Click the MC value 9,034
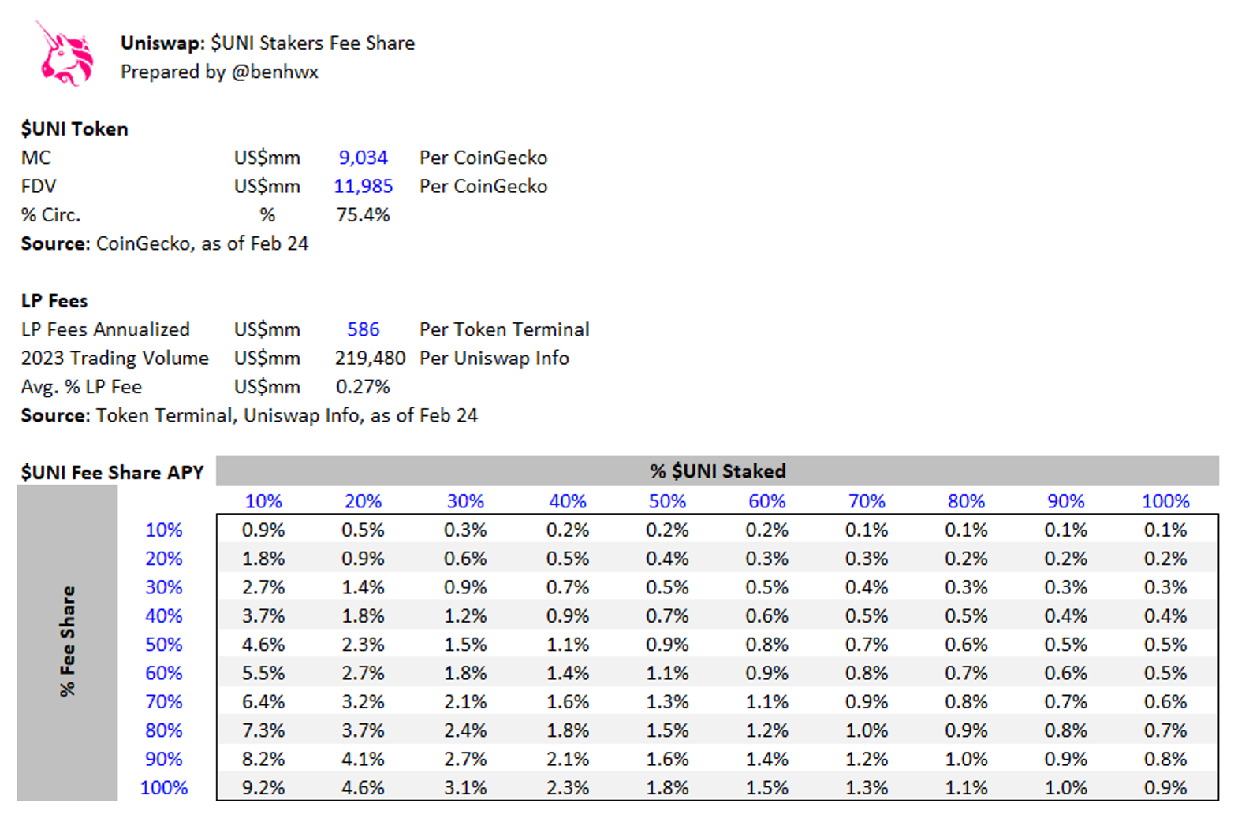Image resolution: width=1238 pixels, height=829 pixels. point(363,158)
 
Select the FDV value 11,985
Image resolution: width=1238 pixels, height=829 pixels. point(363,186)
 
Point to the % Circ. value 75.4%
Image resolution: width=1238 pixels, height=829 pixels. point(363,215)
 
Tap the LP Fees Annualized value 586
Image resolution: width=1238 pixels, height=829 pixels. point(363,329)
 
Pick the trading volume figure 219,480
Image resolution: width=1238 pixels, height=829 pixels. point(370,359)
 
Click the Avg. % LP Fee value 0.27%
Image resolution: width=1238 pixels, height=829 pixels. point(363,387)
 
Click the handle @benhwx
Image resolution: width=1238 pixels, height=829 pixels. point(274,72)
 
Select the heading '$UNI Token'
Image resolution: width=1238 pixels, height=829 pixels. point(74,129)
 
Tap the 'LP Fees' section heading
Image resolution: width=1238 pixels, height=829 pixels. point(54,301)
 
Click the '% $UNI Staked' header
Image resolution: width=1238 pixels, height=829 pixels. point(718,471)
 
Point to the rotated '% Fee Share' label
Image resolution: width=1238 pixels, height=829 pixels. point(67,641)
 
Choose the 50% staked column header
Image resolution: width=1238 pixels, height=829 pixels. point(667,501)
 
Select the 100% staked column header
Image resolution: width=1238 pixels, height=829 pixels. point(1165,501)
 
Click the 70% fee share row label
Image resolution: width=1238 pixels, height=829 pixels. point(164,702)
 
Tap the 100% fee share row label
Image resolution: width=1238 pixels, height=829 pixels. point(164,788)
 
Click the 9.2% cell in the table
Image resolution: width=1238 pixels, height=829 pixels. point(263,788)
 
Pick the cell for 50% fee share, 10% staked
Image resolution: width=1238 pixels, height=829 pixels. point(263,645)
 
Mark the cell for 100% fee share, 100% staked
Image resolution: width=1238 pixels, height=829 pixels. point(1165,788)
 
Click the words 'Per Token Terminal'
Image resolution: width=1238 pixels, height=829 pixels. point(504,329)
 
